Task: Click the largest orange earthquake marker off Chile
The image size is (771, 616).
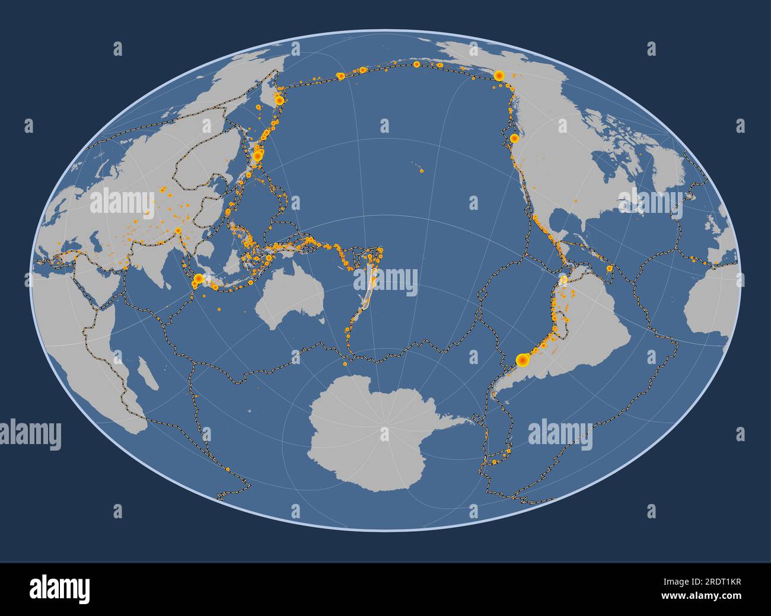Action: pyautogui.click(x=522, y=359)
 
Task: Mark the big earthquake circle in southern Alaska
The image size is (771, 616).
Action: pyautogui.click(x=499, y=75)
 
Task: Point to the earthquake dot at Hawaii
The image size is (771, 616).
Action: pyautogui.click(x=422, y=172)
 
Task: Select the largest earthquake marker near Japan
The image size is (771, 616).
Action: pyautogui.click(x=257, y=156)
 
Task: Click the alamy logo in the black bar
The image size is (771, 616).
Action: pyautogui.click(x=60, y=589)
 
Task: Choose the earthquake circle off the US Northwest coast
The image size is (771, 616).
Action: pyautogui.click(x=514, y=138)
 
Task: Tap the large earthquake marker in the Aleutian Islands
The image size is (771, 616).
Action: pyautogui.click(x=340, y=76)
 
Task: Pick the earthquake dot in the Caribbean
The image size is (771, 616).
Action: pyautogui.click(x=610, y=269)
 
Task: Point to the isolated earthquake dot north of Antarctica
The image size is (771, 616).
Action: pyautogui.click(x=345, y=363)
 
